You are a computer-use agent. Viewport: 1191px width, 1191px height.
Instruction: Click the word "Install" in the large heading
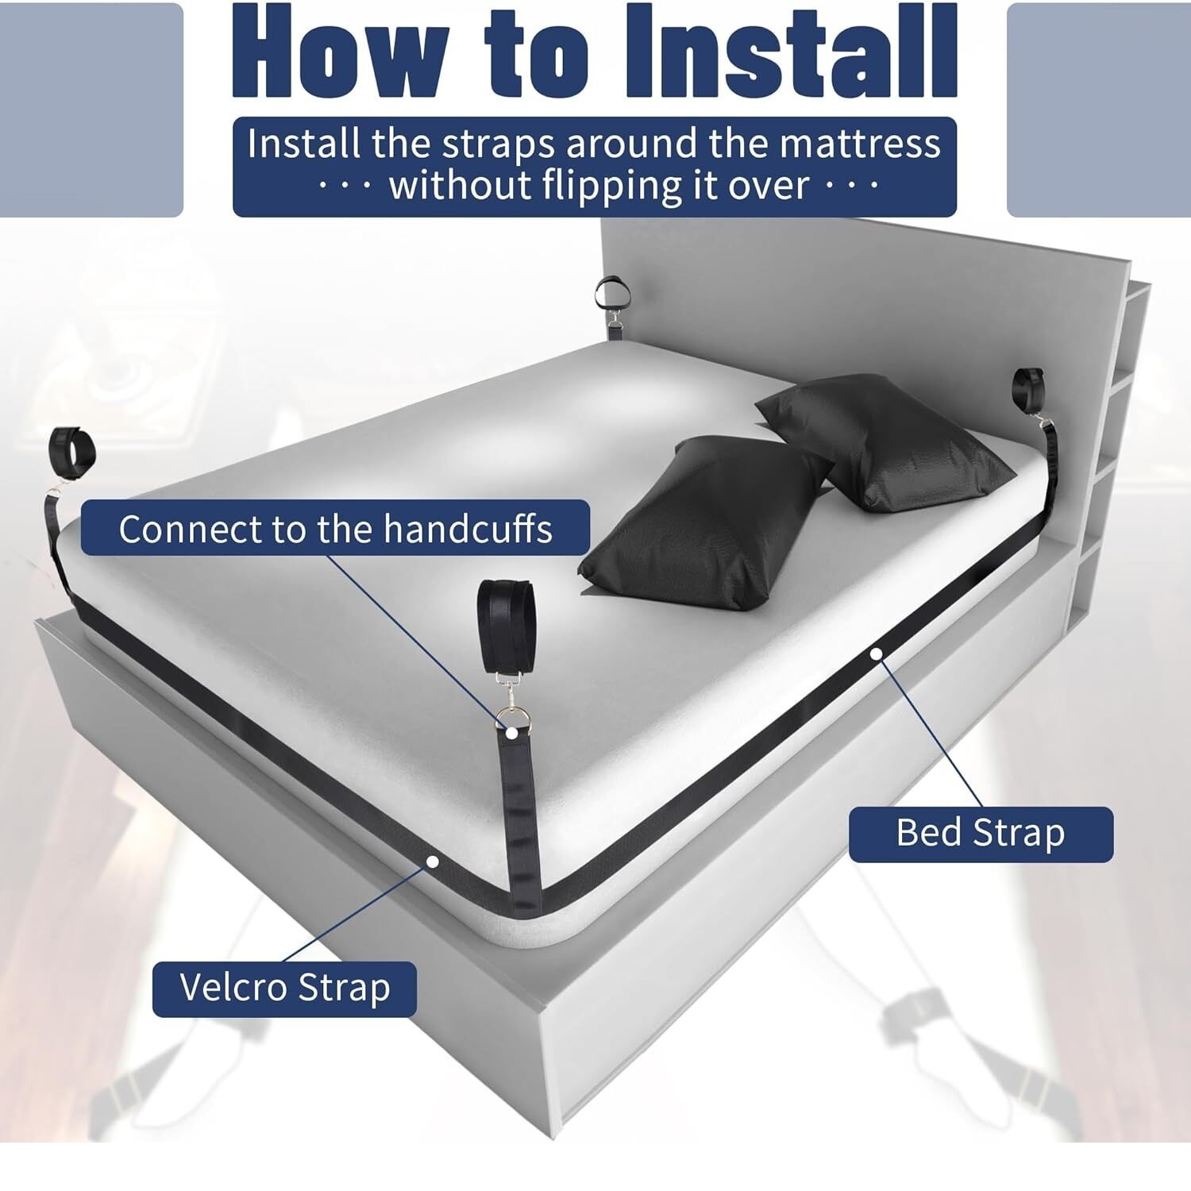[x=790, y=52]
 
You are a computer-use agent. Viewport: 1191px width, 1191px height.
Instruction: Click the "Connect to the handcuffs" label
[x=335, y=528]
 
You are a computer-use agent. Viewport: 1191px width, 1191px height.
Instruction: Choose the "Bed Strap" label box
[x=981, y=834]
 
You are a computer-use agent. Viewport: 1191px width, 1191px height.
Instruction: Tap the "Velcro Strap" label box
[x=284, y=989]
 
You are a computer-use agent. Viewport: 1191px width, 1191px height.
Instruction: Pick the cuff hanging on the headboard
[x=613, y=293]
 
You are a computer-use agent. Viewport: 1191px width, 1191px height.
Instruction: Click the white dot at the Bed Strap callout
[x=876, y=654]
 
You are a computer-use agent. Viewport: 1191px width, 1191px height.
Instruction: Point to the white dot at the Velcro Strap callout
[x=433, y=861]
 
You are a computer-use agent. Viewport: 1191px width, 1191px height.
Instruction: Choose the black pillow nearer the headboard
[x=885, y=441]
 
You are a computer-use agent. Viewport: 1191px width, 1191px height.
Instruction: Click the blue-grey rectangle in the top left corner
[x=91, y=110]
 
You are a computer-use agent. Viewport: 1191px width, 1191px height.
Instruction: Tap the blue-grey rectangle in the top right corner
[x=1099, y=110]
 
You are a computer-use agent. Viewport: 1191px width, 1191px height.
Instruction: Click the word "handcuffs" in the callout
[x=468, y=528]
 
